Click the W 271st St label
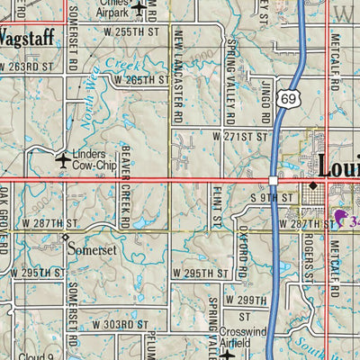(x=240, y=135)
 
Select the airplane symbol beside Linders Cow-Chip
(x=62, y=160)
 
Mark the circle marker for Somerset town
(x=66, y=238)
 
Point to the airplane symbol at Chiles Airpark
(x=139, y=7)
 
